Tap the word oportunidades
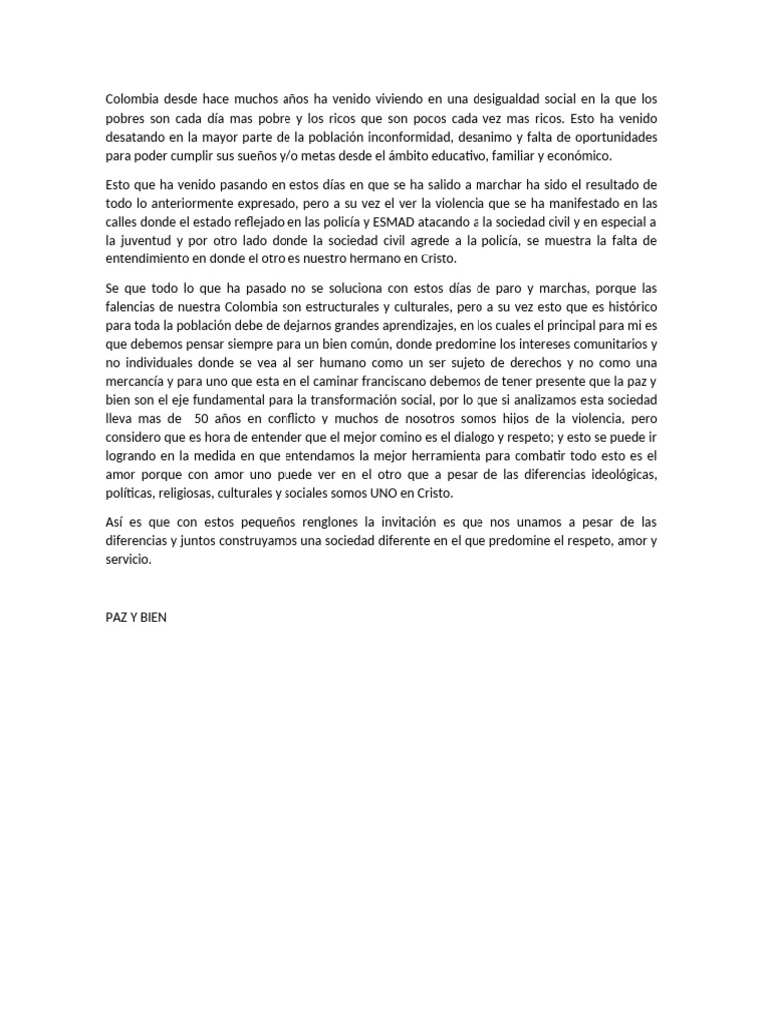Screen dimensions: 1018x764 [x=608, y=137]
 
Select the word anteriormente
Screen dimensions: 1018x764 [x=187, y=203]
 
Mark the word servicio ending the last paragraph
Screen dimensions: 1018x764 [x=130, y=560]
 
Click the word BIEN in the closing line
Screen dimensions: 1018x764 [x=153, y=617]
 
